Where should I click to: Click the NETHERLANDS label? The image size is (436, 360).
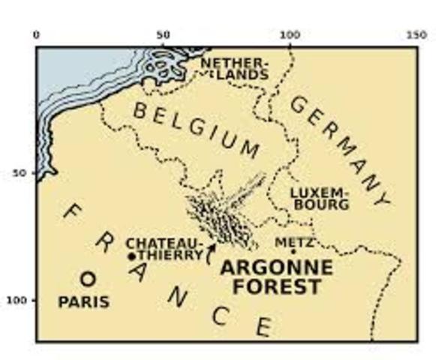(x=233, y=67)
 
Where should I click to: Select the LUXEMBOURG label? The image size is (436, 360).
(x=320, y=197)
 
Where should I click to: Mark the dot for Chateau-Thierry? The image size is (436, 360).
(x=132, y=256)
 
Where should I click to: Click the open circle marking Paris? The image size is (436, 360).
(x=88, y=279)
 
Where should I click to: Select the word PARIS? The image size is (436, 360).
(x=83, y=303)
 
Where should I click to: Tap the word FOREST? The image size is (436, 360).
(x=276, y=286)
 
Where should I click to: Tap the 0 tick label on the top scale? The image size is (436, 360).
(x=36, y=34)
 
